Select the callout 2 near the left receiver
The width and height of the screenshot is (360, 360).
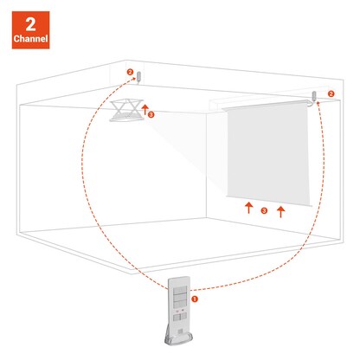129,73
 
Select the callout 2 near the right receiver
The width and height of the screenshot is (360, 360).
331,93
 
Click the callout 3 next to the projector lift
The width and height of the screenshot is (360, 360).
151,114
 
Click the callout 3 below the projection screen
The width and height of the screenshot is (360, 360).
264,210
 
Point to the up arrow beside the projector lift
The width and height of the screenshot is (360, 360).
145,106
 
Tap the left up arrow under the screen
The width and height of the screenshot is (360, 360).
247,208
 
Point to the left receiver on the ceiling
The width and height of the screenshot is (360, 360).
138,76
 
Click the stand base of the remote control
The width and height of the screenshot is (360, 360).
179,338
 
